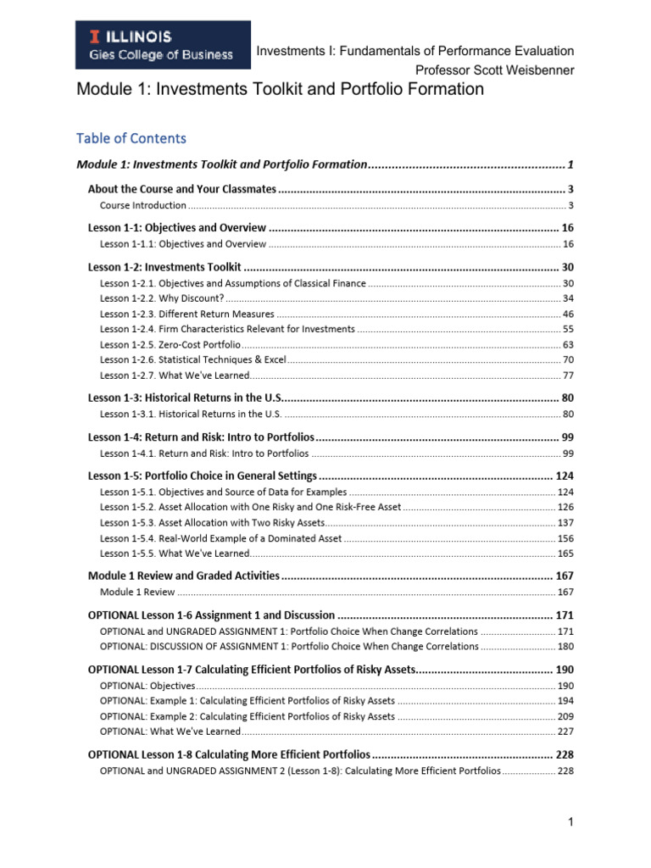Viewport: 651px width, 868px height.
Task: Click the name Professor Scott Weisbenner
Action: point(494,70)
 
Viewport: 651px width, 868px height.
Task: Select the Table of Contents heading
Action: point(131,138)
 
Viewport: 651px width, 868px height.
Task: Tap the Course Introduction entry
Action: point(142,205)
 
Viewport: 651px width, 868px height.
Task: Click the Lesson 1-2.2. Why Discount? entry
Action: point(162,298)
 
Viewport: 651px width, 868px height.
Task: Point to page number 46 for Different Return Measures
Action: point(568,314)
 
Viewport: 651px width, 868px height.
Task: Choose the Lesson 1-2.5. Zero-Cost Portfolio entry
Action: point(170,344)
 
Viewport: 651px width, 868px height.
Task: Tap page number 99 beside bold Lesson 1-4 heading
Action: point(568,437)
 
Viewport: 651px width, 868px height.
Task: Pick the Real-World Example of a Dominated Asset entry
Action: point(220,537)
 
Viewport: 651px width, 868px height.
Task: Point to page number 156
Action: point(565,537)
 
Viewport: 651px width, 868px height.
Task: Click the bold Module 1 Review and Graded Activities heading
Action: point(184,576)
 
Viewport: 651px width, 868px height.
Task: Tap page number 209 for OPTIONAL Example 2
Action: point(565,716)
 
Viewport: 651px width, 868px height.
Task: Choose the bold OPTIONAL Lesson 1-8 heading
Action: point(229,754)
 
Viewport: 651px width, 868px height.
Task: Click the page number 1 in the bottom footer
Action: point(572,821)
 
